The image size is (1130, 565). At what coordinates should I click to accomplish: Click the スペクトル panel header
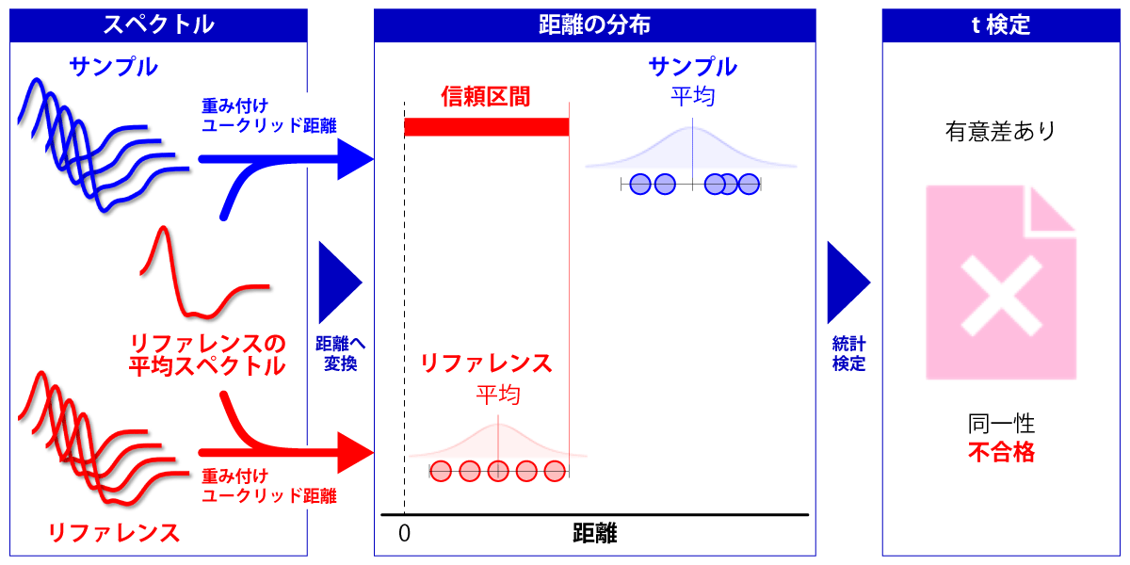pos(158,24)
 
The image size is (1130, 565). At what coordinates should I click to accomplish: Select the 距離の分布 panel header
pos(594,24)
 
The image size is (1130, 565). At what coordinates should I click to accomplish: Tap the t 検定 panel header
pos(999,24)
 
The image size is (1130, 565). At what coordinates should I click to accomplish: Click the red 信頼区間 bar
pos(486,127)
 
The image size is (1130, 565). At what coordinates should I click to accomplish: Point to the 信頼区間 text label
pos(485,96)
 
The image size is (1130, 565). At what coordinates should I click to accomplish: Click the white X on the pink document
pos(1000,294)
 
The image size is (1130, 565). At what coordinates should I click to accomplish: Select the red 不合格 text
pos(1001,453)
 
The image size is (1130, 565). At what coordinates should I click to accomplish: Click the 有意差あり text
pos(1000,131)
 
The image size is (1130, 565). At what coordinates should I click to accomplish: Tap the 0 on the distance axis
pos(404,533)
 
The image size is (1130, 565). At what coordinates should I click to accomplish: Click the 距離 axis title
pos(594,534)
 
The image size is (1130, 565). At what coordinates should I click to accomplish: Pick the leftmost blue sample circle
pos(641,184)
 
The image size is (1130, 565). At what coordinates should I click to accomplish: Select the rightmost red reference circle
pos(554,470)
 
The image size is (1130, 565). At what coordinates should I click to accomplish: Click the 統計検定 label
pos(848,353)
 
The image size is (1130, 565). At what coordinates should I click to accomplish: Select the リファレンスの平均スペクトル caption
pos(207,354)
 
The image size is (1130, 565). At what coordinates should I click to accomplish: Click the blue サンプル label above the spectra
pos(113,67)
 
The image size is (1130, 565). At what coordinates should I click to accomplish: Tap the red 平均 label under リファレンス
pos(498,395)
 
